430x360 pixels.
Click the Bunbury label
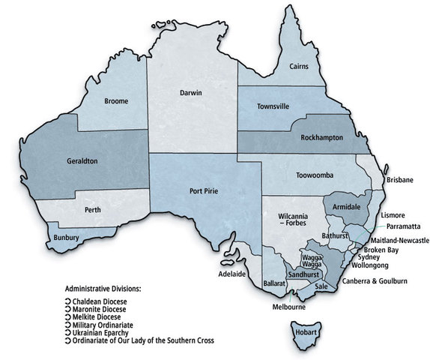[67, 238]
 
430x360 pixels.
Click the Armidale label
[345, 205]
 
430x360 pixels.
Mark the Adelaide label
[231, 274]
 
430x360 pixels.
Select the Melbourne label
[288, 307]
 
